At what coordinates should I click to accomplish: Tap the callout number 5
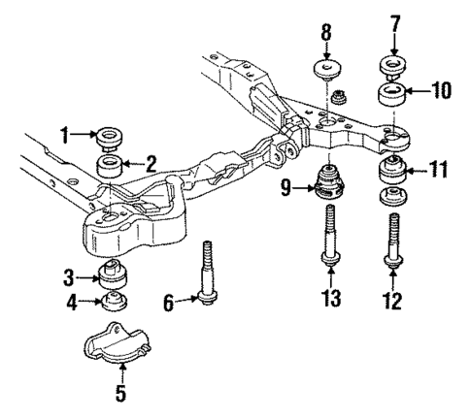(120, 395)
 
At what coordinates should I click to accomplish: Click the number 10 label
(441, 93)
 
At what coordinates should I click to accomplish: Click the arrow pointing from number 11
(418, 172)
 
